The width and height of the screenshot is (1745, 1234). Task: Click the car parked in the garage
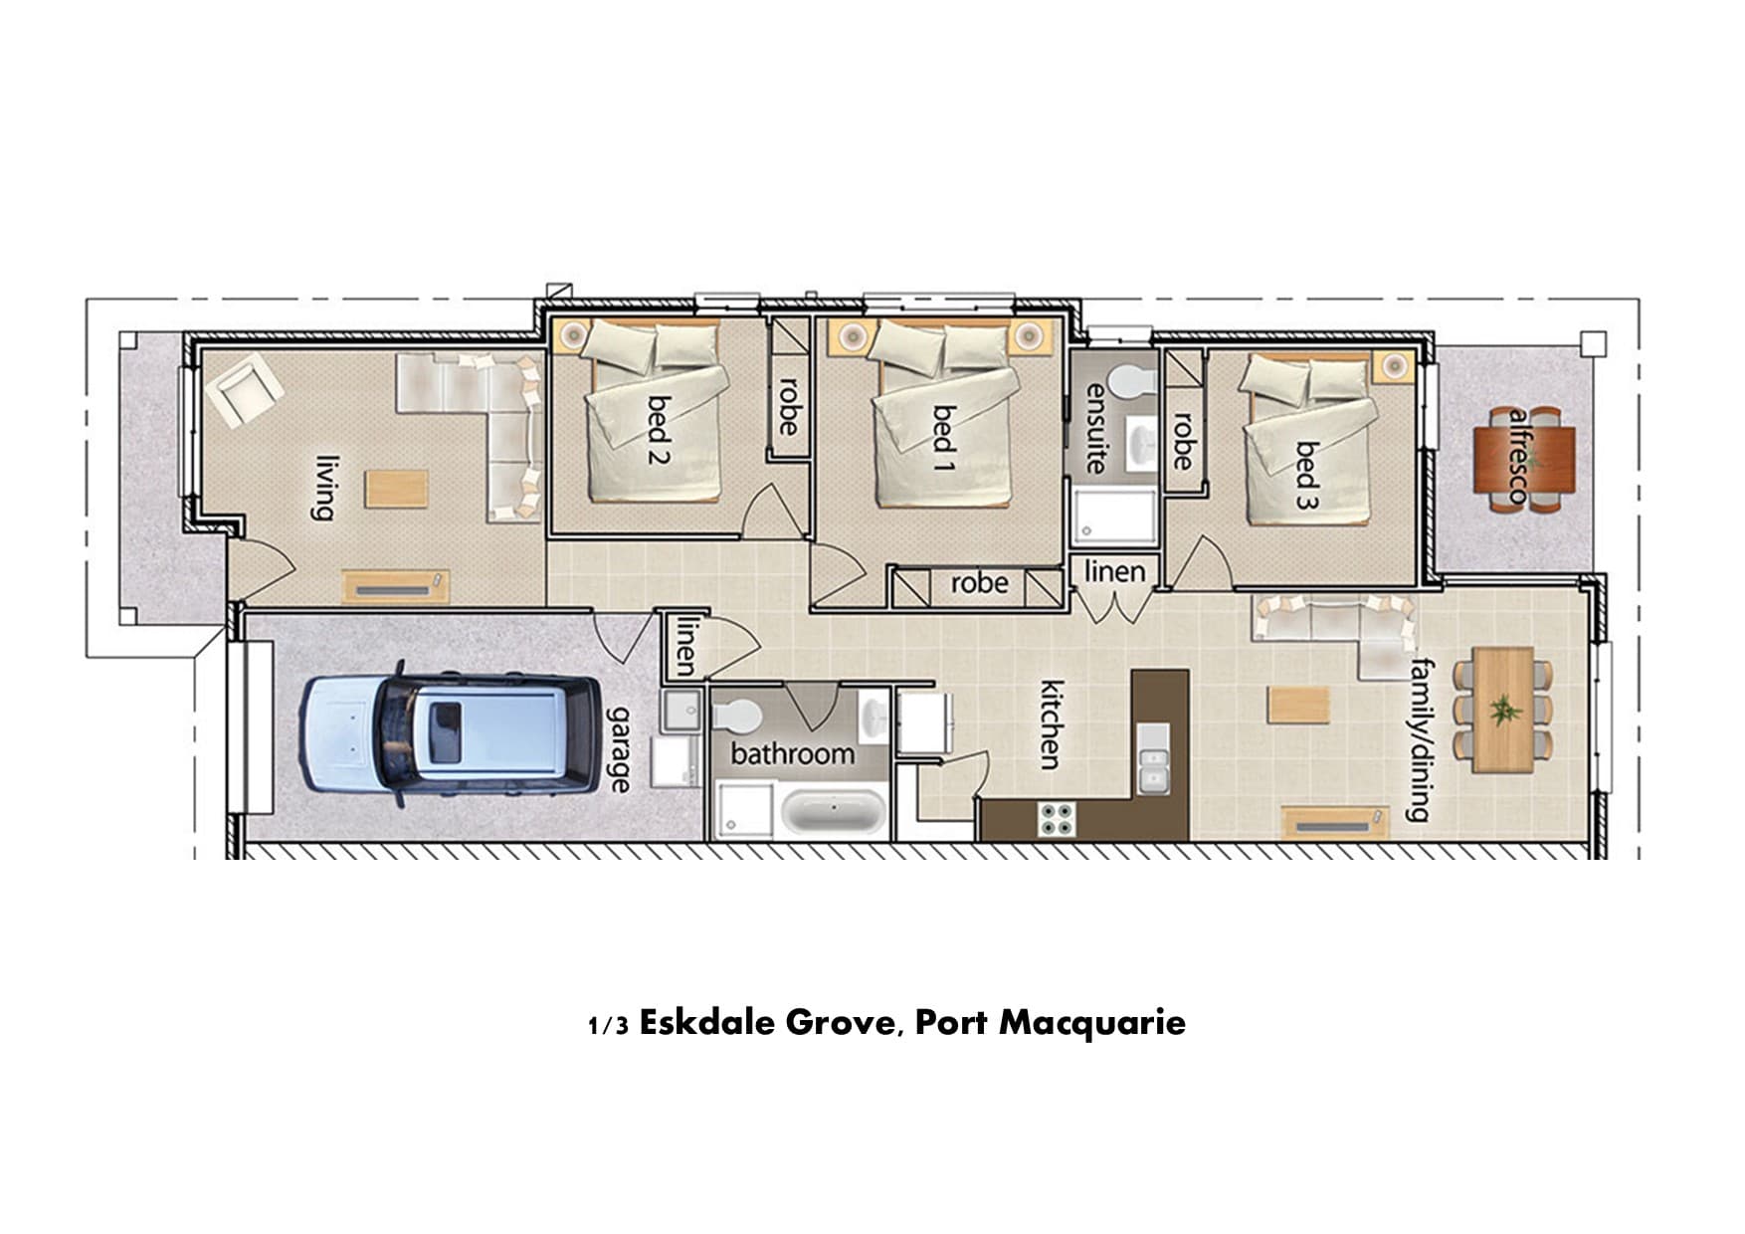[451, 734]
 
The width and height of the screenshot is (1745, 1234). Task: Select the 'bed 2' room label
[658, 430]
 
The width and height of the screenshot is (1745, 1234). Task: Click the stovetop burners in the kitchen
[1057, 818]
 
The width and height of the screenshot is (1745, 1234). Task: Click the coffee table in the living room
[396, 489]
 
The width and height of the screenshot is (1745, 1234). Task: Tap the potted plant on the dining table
[1503, 711]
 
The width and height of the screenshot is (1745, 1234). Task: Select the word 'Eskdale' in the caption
[707, 1022]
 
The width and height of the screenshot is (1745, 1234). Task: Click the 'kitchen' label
[1052, 724]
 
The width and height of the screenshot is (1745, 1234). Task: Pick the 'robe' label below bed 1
[979, 583]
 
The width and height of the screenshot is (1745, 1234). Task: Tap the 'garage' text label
[620, 749]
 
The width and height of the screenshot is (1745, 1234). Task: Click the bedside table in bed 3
[1394, 366]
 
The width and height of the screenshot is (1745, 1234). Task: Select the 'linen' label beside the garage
[685, 645]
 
